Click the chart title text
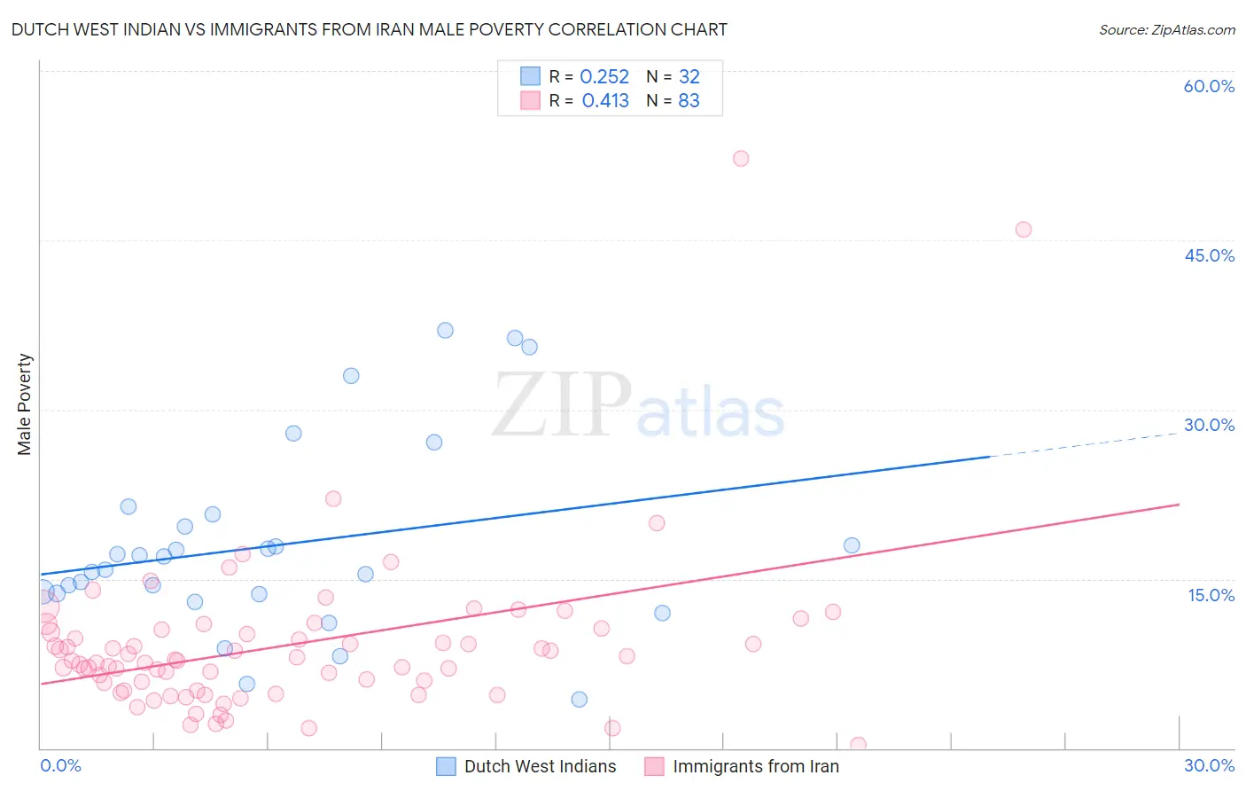(369, 29)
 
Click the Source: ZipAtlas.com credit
(1166, 29)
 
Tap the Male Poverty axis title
(25, 404)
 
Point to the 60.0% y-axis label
(1209, 86)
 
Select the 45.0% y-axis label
(1209, 255)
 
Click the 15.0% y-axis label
(1211, 595)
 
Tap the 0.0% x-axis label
(60, 765)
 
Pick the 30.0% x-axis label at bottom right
(1209, 765)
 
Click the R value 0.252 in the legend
(604, 77)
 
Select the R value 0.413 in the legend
(605, 101)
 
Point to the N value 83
(689, 101)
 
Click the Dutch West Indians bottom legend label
(540, 766)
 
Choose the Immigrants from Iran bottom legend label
(755, 766)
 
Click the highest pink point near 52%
(741, 159)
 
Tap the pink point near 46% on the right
(1024, 230)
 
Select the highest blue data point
(445, 330)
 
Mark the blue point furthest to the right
(852, 545)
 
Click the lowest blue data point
(580, 699)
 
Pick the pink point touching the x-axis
(858, 745)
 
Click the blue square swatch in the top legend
(530, 76)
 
